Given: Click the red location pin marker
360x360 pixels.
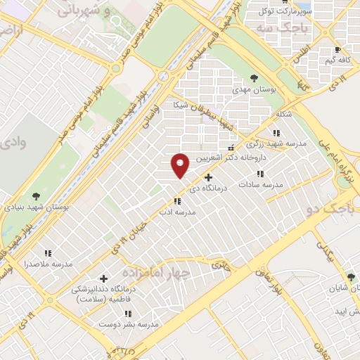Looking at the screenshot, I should [181, 165].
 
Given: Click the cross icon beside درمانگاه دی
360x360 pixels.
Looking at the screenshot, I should [207, 177].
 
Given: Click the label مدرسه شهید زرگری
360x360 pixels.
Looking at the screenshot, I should [281, 143].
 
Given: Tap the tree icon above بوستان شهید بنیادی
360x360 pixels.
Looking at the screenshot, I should [37, 196].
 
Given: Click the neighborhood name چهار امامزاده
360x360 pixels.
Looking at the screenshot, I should [152, 272].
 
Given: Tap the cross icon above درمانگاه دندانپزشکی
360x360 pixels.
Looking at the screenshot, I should [104, 279].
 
